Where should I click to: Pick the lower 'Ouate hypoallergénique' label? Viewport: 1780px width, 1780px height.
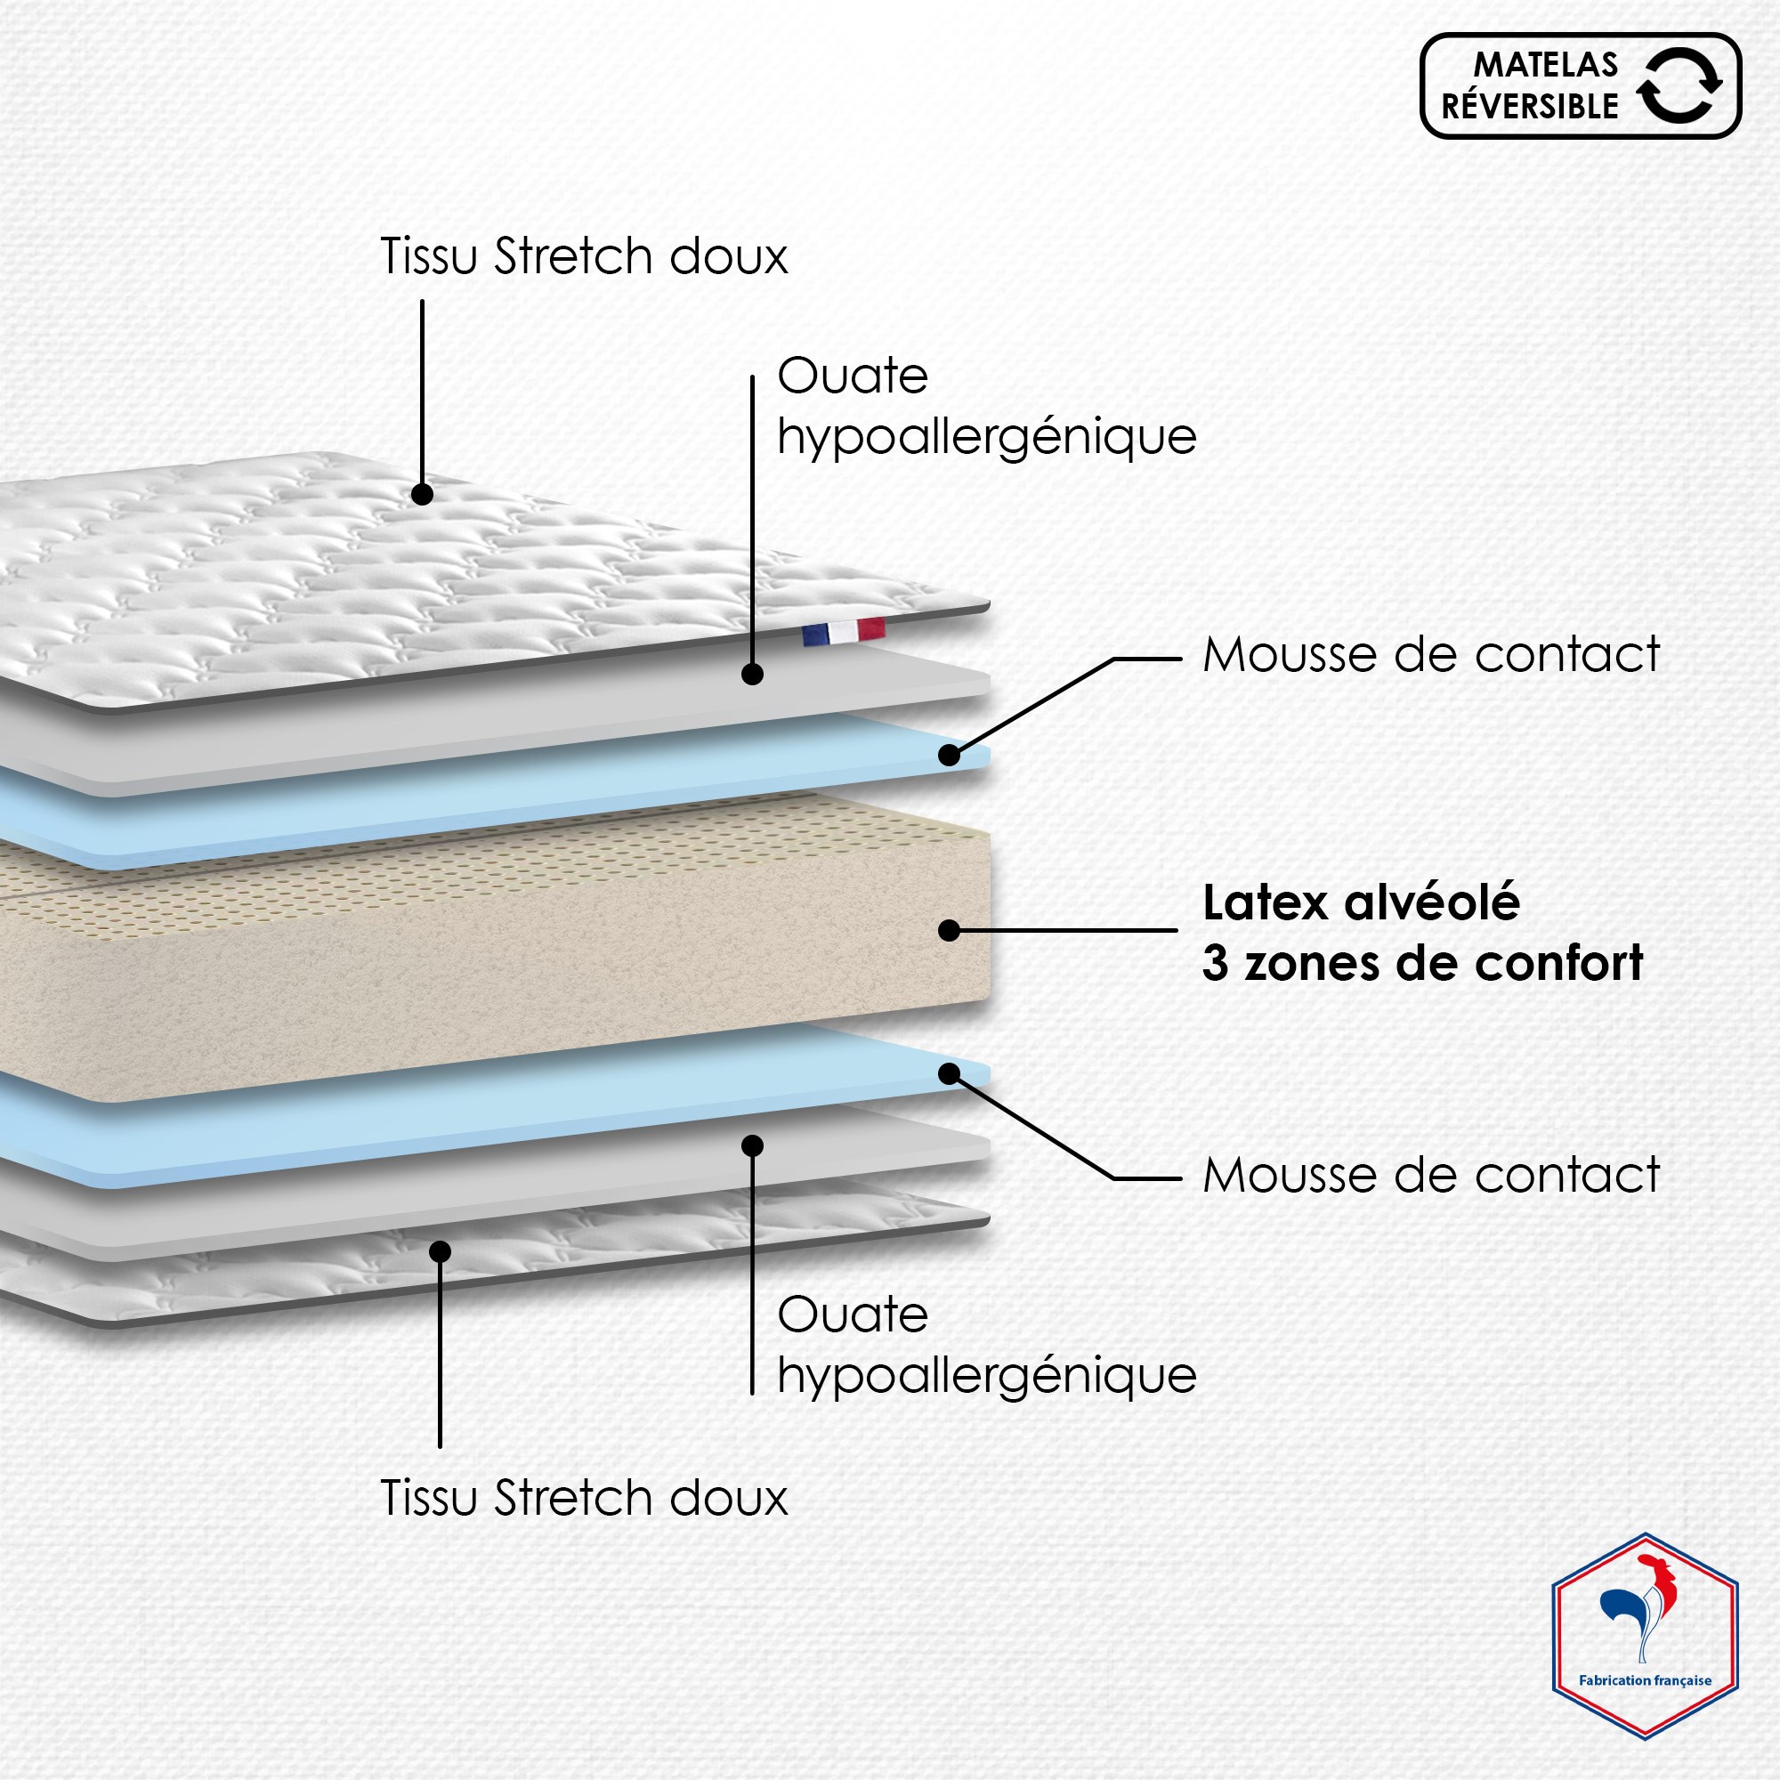(987, 1344)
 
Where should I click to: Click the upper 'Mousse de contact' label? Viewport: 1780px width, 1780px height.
(1431, 654)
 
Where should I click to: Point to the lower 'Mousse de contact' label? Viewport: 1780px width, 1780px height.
(1431, 1175)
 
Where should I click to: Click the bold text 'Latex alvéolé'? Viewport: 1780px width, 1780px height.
(1361, 902)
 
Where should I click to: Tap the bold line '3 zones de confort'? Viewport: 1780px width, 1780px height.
(1422, 963)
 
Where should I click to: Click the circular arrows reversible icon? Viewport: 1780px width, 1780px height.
(1679, 85)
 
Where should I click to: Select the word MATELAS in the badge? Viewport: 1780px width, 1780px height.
(1546, 64)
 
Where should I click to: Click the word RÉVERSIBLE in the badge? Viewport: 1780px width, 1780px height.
(1529, 106)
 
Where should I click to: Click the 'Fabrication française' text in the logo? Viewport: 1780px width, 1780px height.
(1646, 1680)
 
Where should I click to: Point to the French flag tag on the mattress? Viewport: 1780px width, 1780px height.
(843, 631)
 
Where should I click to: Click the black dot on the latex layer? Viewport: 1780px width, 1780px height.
(949, 931)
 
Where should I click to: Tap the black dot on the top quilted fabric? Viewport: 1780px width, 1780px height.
(422, 494)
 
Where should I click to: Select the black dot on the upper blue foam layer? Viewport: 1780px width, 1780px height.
(949, 755)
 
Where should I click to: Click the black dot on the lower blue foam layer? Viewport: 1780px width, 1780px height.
(949, 1073)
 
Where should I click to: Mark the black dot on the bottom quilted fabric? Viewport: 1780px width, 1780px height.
(441, 1251)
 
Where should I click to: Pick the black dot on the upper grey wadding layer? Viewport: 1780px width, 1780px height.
(753, 675)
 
